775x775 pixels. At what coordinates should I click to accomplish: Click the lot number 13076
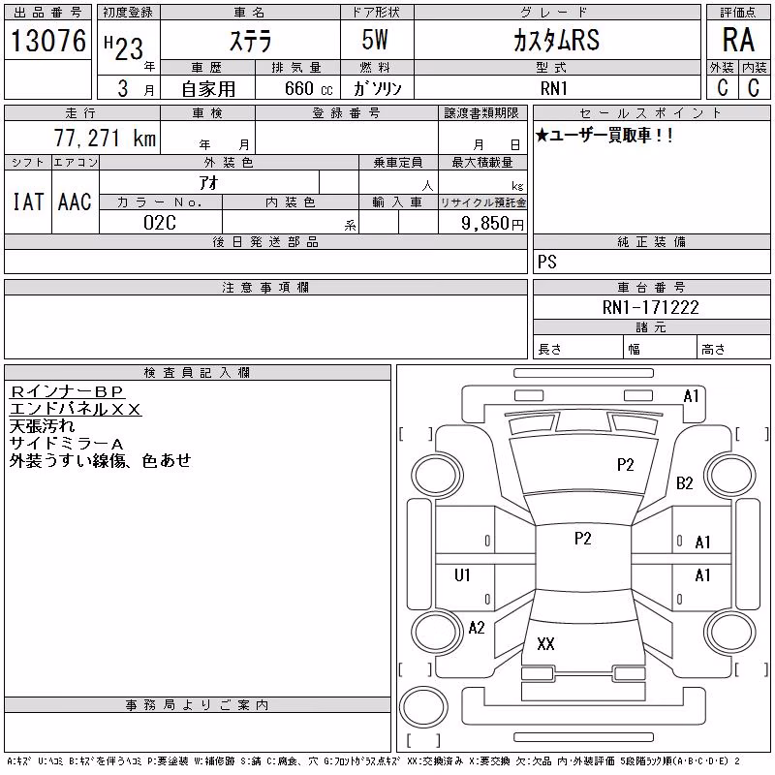pos(47,40)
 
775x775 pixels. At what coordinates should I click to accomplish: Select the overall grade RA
pos(738,40)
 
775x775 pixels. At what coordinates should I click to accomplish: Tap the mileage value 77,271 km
pos(105,138)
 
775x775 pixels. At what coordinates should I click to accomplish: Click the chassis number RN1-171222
pos(650,307)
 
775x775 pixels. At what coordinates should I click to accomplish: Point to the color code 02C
pos(160,223)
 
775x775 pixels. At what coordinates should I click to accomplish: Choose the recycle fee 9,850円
pos(492,224)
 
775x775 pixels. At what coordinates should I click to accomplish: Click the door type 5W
pos(375,40)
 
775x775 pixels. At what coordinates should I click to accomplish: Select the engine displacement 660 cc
pos(308,88)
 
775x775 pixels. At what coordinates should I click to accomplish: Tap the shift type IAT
pos(28,201)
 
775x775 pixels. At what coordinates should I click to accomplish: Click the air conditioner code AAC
pos(75,201)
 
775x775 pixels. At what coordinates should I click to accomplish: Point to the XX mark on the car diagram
pos(545,643)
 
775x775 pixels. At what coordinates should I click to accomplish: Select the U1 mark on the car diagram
pos(462,574)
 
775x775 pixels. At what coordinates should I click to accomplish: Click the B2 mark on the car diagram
pos(685,482)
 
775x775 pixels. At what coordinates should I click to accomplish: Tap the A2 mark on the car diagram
pos(477,628)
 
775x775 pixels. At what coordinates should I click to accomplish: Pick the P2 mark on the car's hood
pos(625,465)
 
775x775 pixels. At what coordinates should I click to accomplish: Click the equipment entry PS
pos(547,262)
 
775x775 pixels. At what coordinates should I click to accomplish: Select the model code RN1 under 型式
pos(553,88)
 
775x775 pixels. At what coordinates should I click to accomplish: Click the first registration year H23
pos(124,47)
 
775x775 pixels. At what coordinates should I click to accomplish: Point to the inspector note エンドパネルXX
pos(76,409)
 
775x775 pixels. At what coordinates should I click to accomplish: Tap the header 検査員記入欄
pos(197,372)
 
